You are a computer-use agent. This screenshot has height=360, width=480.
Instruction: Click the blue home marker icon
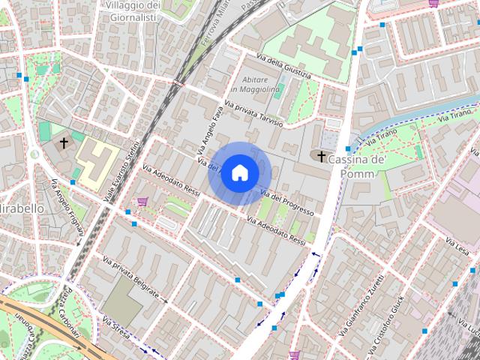point(238,173)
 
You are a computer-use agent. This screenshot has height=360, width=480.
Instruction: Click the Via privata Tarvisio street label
point(253,112)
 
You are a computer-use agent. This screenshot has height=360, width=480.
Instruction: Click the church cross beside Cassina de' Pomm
point(322,157)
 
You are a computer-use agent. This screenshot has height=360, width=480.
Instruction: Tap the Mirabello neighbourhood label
point(21,208)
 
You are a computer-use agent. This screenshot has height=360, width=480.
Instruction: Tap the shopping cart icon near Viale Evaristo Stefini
point(142,201)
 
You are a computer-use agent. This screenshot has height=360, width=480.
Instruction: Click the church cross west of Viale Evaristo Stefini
point(64,141)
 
